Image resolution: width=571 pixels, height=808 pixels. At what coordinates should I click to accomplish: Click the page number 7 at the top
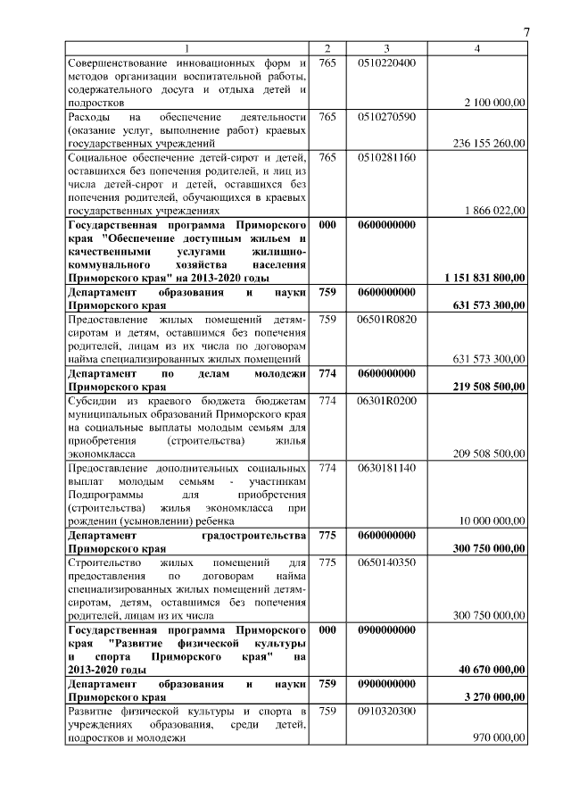coord(526,33)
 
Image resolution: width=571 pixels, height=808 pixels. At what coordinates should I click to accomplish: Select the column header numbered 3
coord(386,47)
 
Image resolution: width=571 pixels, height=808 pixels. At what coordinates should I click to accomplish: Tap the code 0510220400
coord(386,62)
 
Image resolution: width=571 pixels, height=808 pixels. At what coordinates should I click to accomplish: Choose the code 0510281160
coord(386,157)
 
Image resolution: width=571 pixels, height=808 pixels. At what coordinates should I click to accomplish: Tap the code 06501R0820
coord(386,319)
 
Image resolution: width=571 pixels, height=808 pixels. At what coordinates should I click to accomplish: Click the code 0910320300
coord(386,711)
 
